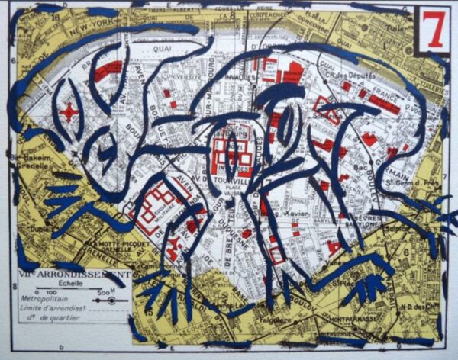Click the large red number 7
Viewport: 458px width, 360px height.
click(x=434, y=31)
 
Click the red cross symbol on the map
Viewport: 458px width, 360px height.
click(x=69, y=112)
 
